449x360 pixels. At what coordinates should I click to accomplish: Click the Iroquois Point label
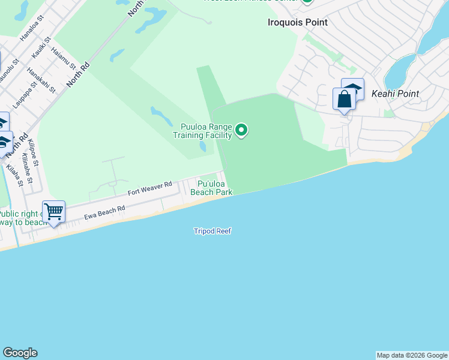[297, 22]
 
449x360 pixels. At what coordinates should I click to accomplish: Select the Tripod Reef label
[212, 231]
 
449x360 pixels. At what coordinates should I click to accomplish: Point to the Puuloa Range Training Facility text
[202, 131]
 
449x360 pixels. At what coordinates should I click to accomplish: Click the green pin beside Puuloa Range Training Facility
[241, 130]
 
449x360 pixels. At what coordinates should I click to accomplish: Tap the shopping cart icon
[54, 212]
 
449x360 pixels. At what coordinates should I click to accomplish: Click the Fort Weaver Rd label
[149, 188]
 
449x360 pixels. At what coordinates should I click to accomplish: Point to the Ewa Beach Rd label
[104, 214]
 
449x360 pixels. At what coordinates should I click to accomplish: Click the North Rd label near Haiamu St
[77, 74]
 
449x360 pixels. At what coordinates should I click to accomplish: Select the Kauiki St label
[40, 50]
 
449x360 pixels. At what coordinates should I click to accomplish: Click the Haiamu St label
[64, 58]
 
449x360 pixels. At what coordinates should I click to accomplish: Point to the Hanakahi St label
[41, 80]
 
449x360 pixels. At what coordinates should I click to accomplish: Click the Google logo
[20, 353]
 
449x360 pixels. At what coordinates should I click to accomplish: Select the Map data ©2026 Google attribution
[412, 355]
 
